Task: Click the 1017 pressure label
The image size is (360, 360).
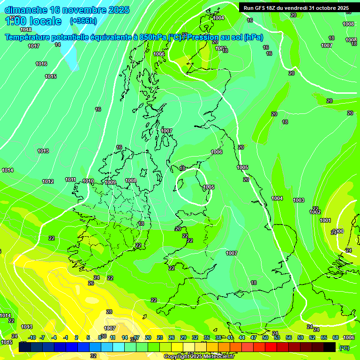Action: coord(33,46)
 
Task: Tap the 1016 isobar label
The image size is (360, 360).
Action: coord(41,64)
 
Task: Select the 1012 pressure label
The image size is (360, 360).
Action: coord(48,181)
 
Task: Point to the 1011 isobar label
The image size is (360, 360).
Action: coord(70,180)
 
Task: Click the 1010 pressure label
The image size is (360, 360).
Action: coord(88,181)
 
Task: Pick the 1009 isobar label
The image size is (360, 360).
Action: coord(110,182)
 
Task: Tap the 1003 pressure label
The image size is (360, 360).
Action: coord(299,200)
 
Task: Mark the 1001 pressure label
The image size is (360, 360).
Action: coord(325,220)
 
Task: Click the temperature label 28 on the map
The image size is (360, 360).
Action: coord(109,312)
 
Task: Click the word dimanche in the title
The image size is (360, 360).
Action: coord(26,10)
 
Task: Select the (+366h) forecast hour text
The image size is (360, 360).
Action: coord(83,21)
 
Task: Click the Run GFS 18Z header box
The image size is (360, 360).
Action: coord(296,7)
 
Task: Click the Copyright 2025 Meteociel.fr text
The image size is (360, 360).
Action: coord(199,357)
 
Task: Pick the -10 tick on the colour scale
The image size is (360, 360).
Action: coord(32,337)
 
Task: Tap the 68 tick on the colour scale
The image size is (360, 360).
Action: coord(336,337)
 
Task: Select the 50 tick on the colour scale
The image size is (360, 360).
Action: coord(265,337)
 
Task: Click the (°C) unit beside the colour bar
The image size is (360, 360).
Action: coord(344,348)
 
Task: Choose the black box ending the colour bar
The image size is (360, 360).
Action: coord(330,347)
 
